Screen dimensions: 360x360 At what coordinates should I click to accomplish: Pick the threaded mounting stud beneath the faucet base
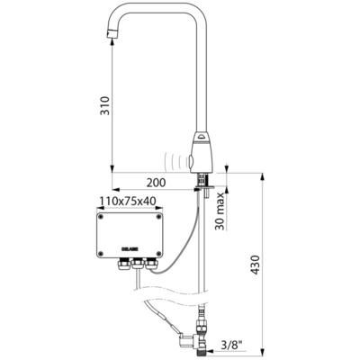point(204,190)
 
